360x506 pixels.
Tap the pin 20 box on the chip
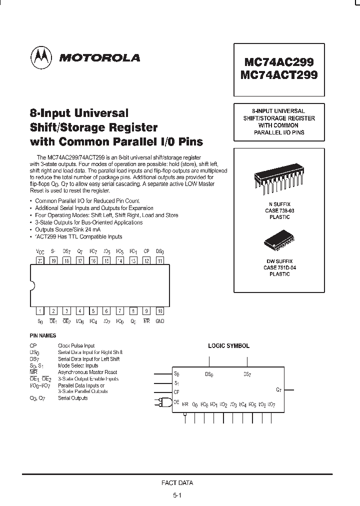pyautogui.click(x=40, y=260)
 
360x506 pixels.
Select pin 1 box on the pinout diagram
pyautogui.click(x=40, y=311)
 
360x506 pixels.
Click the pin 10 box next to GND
pyautogui.click(x=159, y=311)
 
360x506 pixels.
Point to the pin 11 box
pyautogui.click(x=159, y=260)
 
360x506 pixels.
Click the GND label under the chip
pyautogui.click(x=159, y=321)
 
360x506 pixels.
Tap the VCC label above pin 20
pyautogui.click(x=40, y=251)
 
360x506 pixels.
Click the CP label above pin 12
pyautogui.click(x=146, y=251)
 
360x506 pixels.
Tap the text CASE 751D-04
pyautogui.click(x=278, y=268)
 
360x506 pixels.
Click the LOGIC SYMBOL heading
pyautogui.click(x=228, y=345)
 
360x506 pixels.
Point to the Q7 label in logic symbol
pyautogui.click(x=278, y=389)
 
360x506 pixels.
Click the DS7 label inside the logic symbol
pyautogui.click(x=247, y=374)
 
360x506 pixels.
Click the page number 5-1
pyautogui.click(x=178, y=495)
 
